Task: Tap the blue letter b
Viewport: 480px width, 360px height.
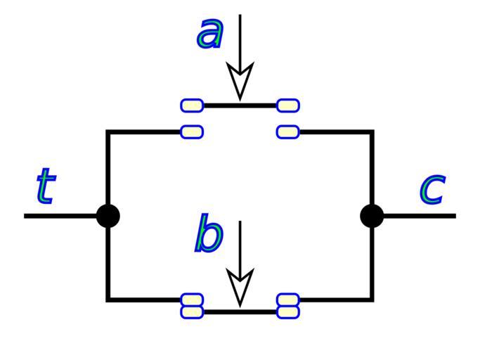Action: point(209,235)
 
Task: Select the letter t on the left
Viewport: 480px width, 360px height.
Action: point(45,186)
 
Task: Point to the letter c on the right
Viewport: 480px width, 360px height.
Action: point(432,188)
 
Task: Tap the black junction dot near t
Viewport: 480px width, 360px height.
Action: point(108,216)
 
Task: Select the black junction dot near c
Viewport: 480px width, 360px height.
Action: point(372,216)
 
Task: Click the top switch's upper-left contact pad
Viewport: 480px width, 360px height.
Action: point(193,105)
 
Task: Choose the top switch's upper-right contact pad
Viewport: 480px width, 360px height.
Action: point(288,105)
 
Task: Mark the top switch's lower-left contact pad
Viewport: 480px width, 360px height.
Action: point(193,131)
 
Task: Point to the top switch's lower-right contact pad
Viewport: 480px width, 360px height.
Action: point(288,131)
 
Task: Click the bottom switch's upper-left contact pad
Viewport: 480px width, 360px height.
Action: point(193,300)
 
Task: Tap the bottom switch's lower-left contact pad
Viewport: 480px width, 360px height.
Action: point(193,311)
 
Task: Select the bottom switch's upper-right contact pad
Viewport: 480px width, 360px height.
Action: point(288,300)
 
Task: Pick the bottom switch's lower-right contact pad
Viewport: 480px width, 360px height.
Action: point(288,311)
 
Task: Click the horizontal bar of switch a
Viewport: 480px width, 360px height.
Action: point(240,105)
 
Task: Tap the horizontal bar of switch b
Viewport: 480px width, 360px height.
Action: point(240,311)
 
